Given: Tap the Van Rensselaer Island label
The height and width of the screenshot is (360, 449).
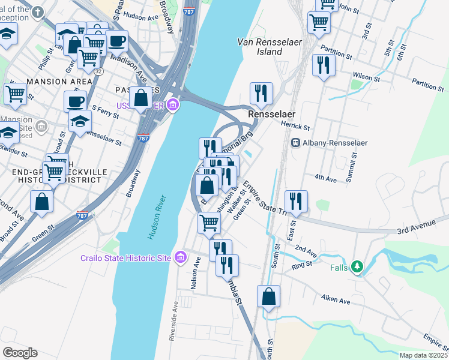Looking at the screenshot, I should pyautogui.click(x=260, y=47).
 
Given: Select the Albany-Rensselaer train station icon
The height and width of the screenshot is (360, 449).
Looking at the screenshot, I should pyautogui.click(x=295, y=142).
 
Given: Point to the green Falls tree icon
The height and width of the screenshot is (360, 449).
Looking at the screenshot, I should pyautogui.click(x=358, y=265).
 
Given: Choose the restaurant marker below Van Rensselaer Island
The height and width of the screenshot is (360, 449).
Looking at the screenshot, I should pyautogui.click(x=261, y=93).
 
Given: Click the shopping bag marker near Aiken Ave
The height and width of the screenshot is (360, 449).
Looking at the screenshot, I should pyautogui.click(x=269, y=296).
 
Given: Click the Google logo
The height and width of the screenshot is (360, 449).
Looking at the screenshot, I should pyautogui.click(x=20, y=352).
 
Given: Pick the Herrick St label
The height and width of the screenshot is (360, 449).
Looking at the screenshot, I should pyautogui.click(x=295, y=127).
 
